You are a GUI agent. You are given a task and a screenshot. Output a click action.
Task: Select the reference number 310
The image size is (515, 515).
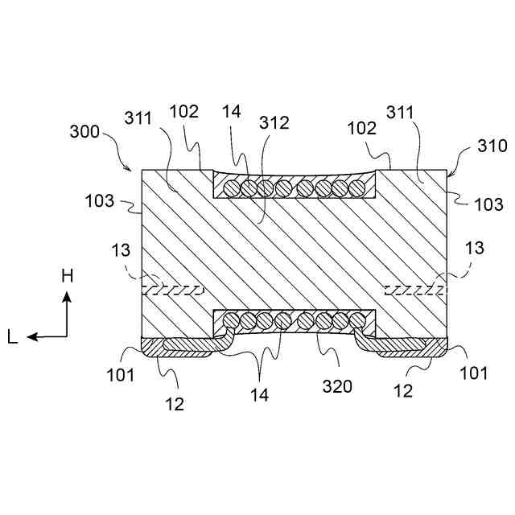[492, 146]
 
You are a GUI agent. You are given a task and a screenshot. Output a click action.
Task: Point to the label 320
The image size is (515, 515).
[337, 387]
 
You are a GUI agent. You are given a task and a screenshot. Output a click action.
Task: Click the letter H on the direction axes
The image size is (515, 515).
[68, 276]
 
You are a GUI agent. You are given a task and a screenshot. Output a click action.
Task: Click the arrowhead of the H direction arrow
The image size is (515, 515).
[68, 295]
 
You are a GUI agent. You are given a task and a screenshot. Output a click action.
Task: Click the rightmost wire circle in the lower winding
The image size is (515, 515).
[355, 320]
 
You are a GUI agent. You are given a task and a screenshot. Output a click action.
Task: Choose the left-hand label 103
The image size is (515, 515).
[98, 200]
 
